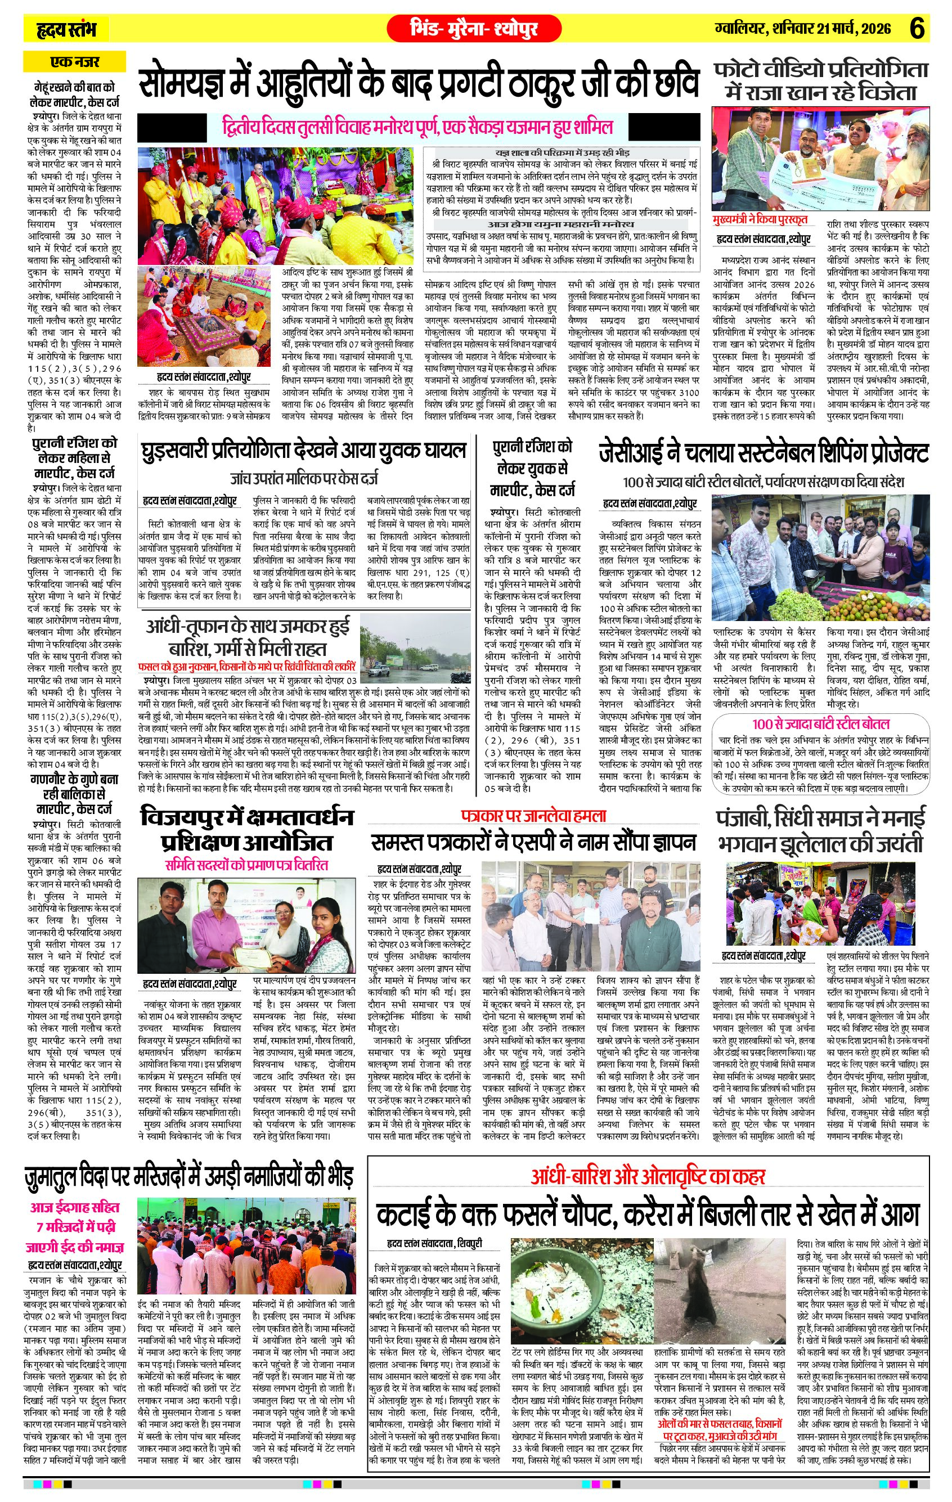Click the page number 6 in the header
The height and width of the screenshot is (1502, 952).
click(x=917, y=29)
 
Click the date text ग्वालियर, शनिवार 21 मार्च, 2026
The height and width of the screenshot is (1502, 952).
click(x=803, y=29)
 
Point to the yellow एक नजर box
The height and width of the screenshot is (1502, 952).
click(x=74, y=62)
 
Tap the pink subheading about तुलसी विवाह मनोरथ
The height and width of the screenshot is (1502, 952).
click(x=417, y=127)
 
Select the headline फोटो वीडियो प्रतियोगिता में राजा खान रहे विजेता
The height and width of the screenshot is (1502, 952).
click(x=821, y=81)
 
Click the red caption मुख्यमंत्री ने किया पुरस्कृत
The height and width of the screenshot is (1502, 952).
click(x=761, y=219)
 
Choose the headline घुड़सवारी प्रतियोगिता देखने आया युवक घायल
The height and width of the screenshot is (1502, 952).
click(x=304, y=451)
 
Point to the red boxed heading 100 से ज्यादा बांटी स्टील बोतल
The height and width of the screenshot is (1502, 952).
click(x=820, y=724)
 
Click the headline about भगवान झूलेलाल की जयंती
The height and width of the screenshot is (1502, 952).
click(x=821, y=830)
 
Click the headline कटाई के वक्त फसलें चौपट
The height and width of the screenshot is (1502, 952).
click(x=648, y=1215)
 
